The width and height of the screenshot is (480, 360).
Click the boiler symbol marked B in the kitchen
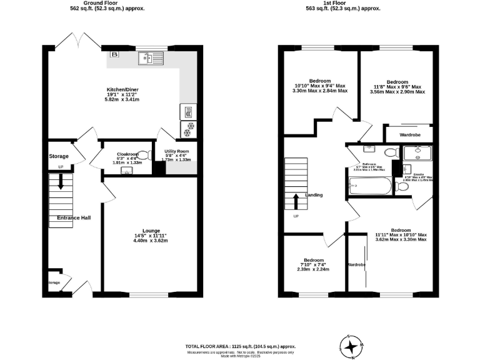(x=114, y=54)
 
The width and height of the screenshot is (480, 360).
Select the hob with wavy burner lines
(x=188, y=112)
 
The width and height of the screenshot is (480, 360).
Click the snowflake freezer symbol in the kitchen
(x=188, y=130)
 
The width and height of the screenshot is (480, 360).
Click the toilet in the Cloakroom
(x=144, y=155)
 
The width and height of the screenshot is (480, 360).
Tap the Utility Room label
(x=177, y=152)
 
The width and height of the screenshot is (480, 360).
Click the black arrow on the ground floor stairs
(x=61, y=182)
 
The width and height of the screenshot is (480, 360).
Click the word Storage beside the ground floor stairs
(x=59, y=156)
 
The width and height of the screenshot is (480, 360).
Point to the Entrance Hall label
(x=74, y=217)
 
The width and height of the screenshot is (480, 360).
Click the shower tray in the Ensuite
(x=413, y=152)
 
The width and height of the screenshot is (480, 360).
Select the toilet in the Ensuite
(x=402, y=184)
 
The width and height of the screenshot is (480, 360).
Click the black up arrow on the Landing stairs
(x=296, y=201)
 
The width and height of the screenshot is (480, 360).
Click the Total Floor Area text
(x=240, y=346)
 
